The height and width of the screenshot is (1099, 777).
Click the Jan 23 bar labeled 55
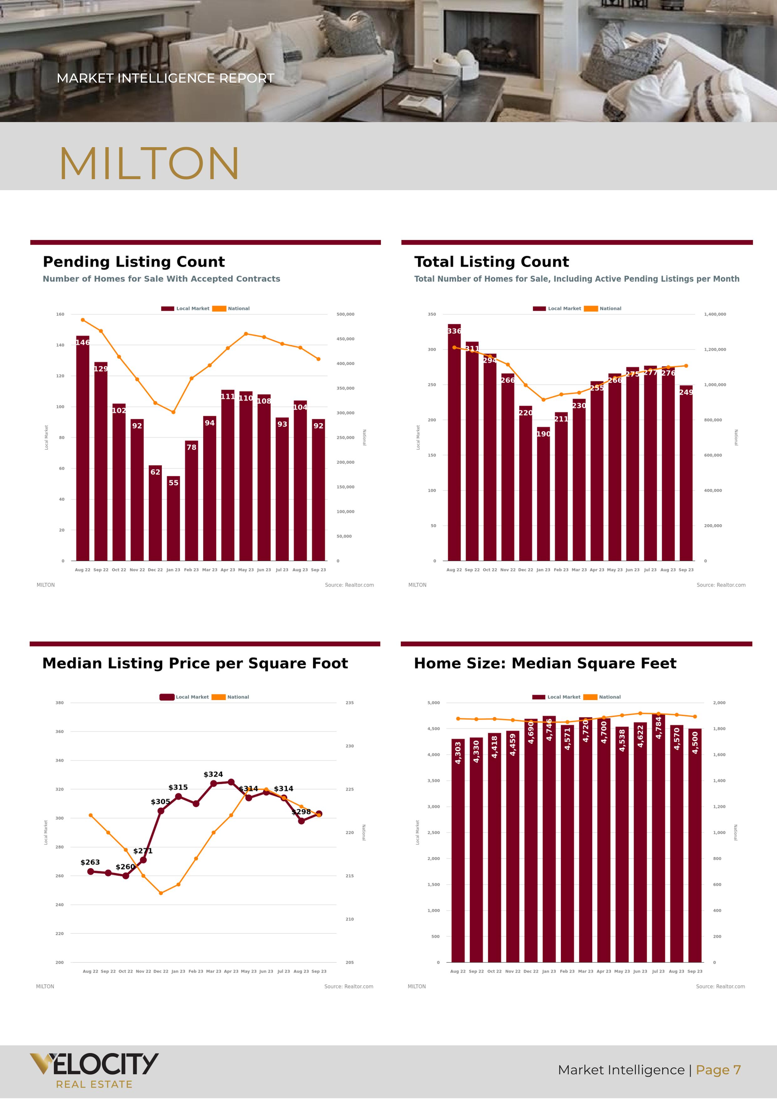click(x=173, y=519)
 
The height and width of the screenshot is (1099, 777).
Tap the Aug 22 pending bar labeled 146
click(x=82, y=450)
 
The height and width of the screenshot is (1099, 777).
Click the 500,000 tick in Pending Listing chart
click(x=345, y=314)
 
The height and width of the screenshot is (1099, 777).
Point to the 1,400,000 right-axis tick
click(x=715, y=314)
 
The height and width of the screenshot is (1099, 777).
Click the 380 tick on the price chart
click(x=60, y=703)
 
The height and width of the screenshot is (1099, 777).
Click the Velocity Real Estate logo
click(x=94, y=1070)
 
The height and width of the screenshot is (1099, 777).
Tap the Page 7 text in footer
click(x=718, y=1070)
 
